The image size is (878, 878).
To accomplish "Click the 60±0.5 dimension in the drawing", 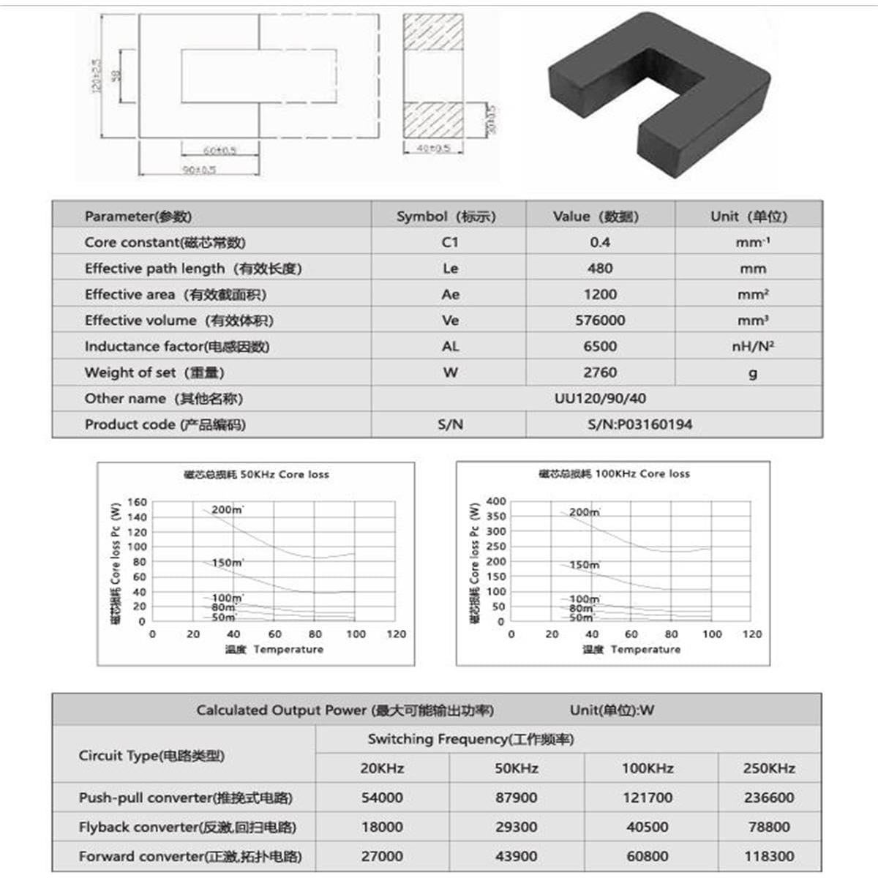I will click(x=219, y=151).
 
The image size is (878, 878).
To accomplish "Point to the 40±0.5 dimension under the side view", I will click(x=433, y=149).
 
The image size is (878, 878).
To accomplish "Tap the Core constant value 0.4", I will click(x=600, y=242).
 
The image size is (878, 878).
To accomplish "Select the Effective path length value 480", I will click(x=600, y=269).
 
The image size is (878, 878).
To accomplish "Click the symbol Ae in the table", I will click(x=450, y=294).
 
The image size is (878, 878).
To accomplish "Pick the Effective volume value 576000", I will click(x=600, y=320).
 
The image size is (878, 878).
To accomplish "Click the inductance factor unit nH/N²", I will click(x=753, y=346).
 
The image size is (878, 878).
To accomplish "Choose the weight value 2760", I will click(x=600, y=372).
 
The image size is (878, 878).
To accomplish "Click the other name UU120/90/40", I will click(x=600, y=399).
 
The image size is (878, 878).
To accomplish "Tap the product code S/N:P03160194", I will click(x=639, y=424).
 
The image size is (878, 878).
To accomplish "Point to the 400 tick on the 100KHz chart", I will click(x=496, y=501).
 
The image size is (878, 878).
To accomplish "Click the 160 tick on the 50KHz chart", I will click(x=137, y=502).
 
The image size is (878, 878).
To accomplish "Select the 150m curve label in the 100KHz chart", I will click(x=585, y=565).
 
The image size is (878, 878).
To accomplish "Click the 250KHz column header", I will click(x=769, y=768).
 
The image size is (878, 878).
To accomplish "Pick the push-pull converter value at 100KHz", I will click(x=647, y=798).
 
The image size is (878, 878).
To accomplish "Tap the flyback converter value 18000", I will click(x=382, y=827).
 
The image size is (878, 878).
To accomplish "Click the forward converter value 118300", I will click(x=769, y=856).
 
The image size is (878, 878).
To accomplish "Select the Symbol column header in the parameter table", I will click(x=446, y=217).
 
